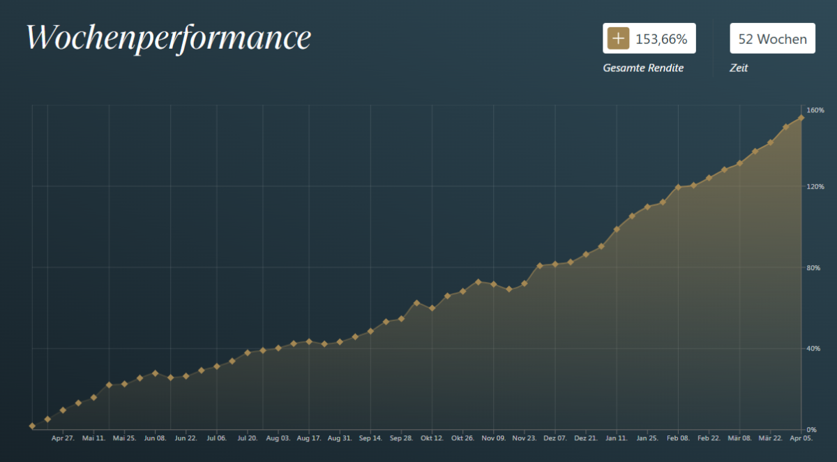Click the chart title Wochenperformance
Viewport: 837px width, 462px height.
(x=168, y=38)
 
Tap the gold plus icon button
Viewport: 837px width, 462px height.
(x=618, y=39)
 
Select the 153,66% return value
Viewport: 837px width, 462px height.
(x=661, y=39)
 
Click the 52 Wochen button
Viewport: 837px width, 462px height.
(x=772, y=39)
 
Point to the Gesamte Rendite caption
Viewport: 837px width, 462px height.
(x=643, y=68)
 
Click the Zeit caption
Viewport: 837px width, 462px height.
(x=739, y=68)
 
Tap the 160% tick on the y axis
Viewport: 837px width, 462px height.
(x=815, y=110)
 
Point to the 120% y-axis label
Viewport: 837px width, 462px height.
(x=815, y=187)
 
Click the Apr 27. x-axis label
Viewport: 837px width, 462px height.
(x=63, y=439)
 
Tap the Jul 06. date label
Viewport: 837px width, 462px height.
(x=216, y=439)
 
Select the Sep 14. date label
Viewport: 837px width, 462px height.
(x=370, y=439)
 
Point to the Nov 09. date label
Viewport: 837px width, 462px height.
(x=493, y=439)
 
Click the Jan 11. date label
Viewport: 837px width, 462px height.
(x=616, y=439)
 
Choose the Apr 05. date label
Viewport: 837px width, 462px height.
(x=801, y=439)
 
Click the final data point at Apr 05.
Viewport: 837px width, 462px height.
(x=801, y=117)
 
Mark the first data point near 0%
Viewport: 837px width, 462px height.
(x=32, y=426)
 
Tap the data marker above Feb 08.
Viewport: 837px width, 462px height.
(x=677, y=187)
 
